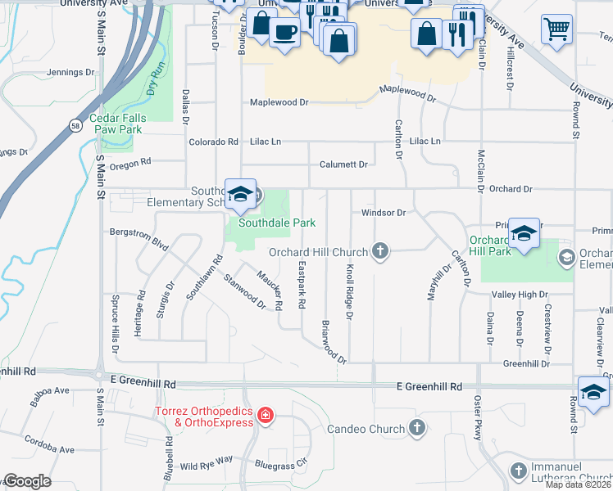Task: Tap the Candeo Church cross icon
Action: [417, 428]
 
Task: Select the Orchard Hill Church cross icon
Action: [379, 251]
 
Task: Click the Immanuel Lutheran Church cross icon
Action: [518, 471]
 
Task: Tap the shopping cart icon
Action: [556, 29]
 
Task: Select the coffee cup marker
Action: [284, 32]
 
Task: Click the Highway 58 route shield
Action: [75, 125]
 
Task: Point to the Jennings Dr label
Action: [72, 73]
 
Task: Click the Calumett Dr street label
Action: [343, 164]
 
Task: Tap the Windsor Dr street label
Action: [384, 213]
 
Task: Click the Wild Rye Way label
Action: [207, 465]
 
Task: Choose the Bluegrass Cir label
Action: [280, 464]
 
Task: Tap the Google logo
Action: [26, 481]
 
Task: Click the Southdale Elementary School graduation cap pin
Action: [240, 194]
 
